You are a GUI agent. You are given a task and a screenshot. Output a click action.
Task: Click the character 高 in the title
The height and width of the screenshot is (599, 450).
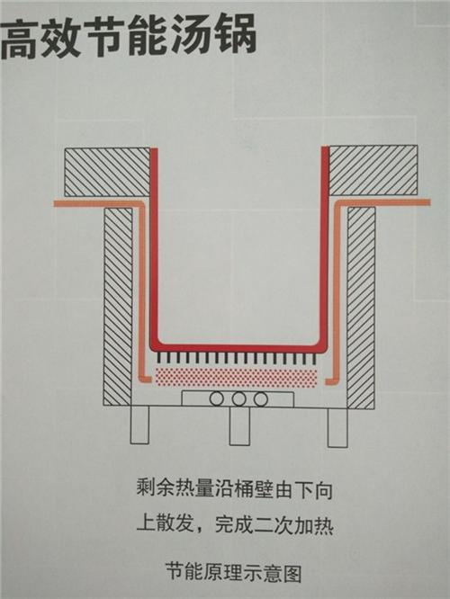20,39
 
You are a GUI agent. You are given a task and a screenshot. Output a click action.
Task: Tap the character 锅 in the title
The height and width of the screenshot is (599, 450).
234,35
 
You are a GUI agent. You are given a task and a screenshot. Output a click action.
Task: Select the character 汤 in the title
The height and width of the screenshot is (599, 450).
191,36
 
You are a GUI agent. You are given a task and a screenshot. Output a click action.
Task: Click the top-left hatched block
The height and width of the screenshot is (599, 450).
107,173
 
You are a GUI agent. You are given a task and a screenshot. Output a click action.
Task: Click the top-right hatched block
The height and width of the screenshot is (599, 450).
373,170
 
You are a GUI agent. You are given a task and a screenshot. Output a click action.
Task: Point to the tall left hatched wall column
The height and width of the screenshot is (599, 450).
118,307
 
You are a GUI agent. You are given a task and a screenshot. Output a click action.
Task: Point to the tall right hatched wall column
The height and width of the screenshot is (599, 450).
361,308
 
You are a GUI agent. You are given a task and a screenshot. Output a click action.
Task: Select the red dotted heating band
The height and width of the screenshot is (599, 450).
236,378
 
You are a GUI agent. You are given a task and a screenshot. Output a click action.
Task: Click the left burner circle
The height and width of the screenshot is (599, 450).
216,399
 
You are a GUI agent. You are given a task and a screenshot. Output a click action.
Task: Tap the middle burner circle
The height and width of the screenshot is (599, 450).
238,399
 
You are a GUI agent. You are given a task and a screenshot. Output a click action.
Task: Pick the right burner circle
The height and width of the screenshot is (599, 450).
261,399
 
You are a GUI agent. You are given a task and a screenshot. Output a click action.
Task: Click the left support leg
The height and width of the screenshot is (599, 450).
139,425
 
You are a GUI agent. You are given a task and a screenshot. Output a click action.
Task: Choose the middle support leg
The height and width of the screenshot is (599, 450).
239,426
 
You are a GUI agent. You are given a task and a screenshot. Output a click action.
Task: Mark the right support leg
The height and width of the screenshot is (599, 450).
337,427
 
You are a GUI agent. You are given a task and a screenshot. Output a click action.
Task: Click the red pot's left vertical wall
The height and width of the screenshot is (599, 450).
154,246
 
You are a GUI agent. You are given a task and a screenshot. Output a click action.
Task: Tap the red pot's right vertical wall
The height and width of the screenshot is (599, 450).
325,246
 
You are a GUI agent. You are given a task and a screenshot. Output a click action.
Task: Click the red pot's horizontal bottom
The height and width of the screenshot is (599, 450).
239,348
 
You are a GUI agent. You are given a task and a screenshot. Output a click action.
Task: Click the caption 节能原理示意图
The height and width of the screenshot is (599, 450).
234,573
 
